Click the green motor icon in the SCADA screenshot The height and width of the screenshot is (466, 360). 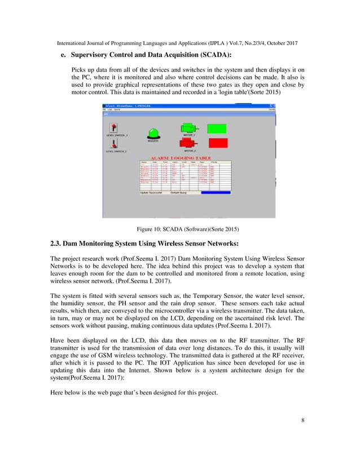point(188,129)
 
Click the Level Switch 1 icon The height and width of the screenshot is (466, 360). point(114,128)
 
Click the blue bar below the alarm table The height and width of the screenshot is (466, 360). point(212,192)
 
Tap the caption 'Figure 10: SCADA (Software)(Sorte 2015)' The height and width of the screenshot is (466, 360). point(188,229)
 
